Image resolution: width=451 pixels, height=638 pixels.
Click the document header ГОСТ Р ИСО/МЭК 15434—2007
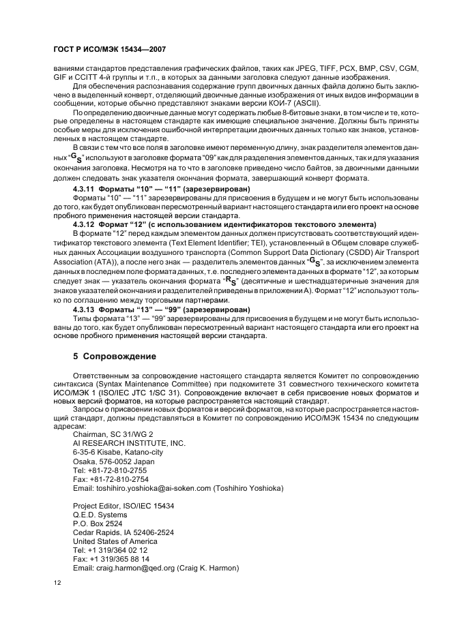click(108, 50)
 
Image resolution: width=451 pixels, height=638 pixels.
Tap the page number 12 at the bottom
click(57, 581)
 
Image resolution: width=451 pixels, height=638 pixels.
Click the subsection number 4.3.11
click(85, 187)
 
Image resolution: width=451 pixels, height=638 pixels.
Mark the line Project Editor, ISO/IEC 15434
click(123, 505)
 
